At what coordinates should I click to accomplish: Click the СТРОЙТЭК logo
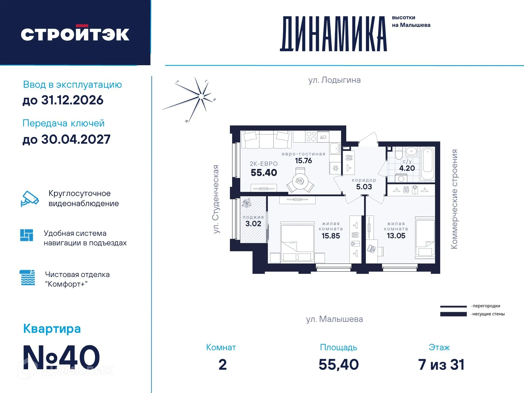point(75,34)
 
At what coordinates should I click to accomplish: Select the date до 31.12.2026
point(63,100)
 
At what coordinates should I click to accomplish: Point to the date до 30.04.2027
point(66,139)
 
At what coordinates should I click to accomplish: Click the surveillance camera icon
point(29,199)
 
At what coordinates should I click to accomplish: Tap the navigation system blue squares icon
point(26,235)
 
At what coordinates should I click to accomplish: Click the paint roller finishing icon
point(28,278)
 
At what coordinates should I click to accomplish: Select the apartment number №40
point(61,357)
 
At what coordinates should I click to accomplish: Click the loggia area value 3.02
point(253,224)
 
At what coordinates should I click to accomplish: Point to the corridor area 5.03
point(364,187)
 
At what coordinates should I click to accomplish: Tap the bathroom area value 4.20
point(407,168)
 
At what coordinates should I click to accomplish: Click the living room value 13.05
point(396,236)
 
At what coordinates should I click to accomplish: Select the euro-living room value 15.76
point(303,161)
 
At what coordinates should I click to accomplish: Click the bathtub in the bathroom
point(427,164)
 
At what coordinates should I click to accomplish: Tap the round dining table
point(300,181)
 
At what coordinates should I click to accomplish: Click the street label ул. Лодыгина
point(334,80)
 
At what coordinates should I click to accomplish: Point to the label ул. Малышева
point(334,319)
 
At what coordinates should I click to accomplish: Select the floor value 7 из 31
point(441,365)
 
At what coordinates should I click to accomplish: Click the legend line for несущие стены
point(453,314)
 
